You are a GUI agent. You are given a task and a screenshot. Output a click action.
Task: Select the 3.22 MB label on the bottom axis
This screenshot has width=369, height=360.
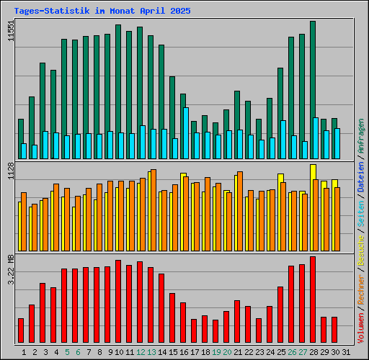(11, 269)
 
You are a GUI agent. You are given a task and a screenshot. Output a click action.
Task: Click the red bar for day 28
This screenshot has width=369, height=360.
(313, 300)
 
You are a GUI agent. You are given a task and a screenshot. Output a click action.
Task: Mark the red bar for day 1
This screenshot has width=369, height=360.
(21, 330)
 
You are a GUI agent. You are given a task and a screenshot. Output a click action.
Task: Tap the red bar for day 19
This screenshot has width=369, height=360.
(215, 331)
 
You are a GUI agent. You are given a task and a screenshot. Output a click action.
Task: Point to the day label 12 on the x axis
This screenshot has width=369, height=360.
(141, 352)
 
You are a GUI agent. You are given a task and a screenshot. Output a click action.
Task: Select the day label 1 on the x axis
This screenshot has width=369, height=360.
(25, 352)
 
